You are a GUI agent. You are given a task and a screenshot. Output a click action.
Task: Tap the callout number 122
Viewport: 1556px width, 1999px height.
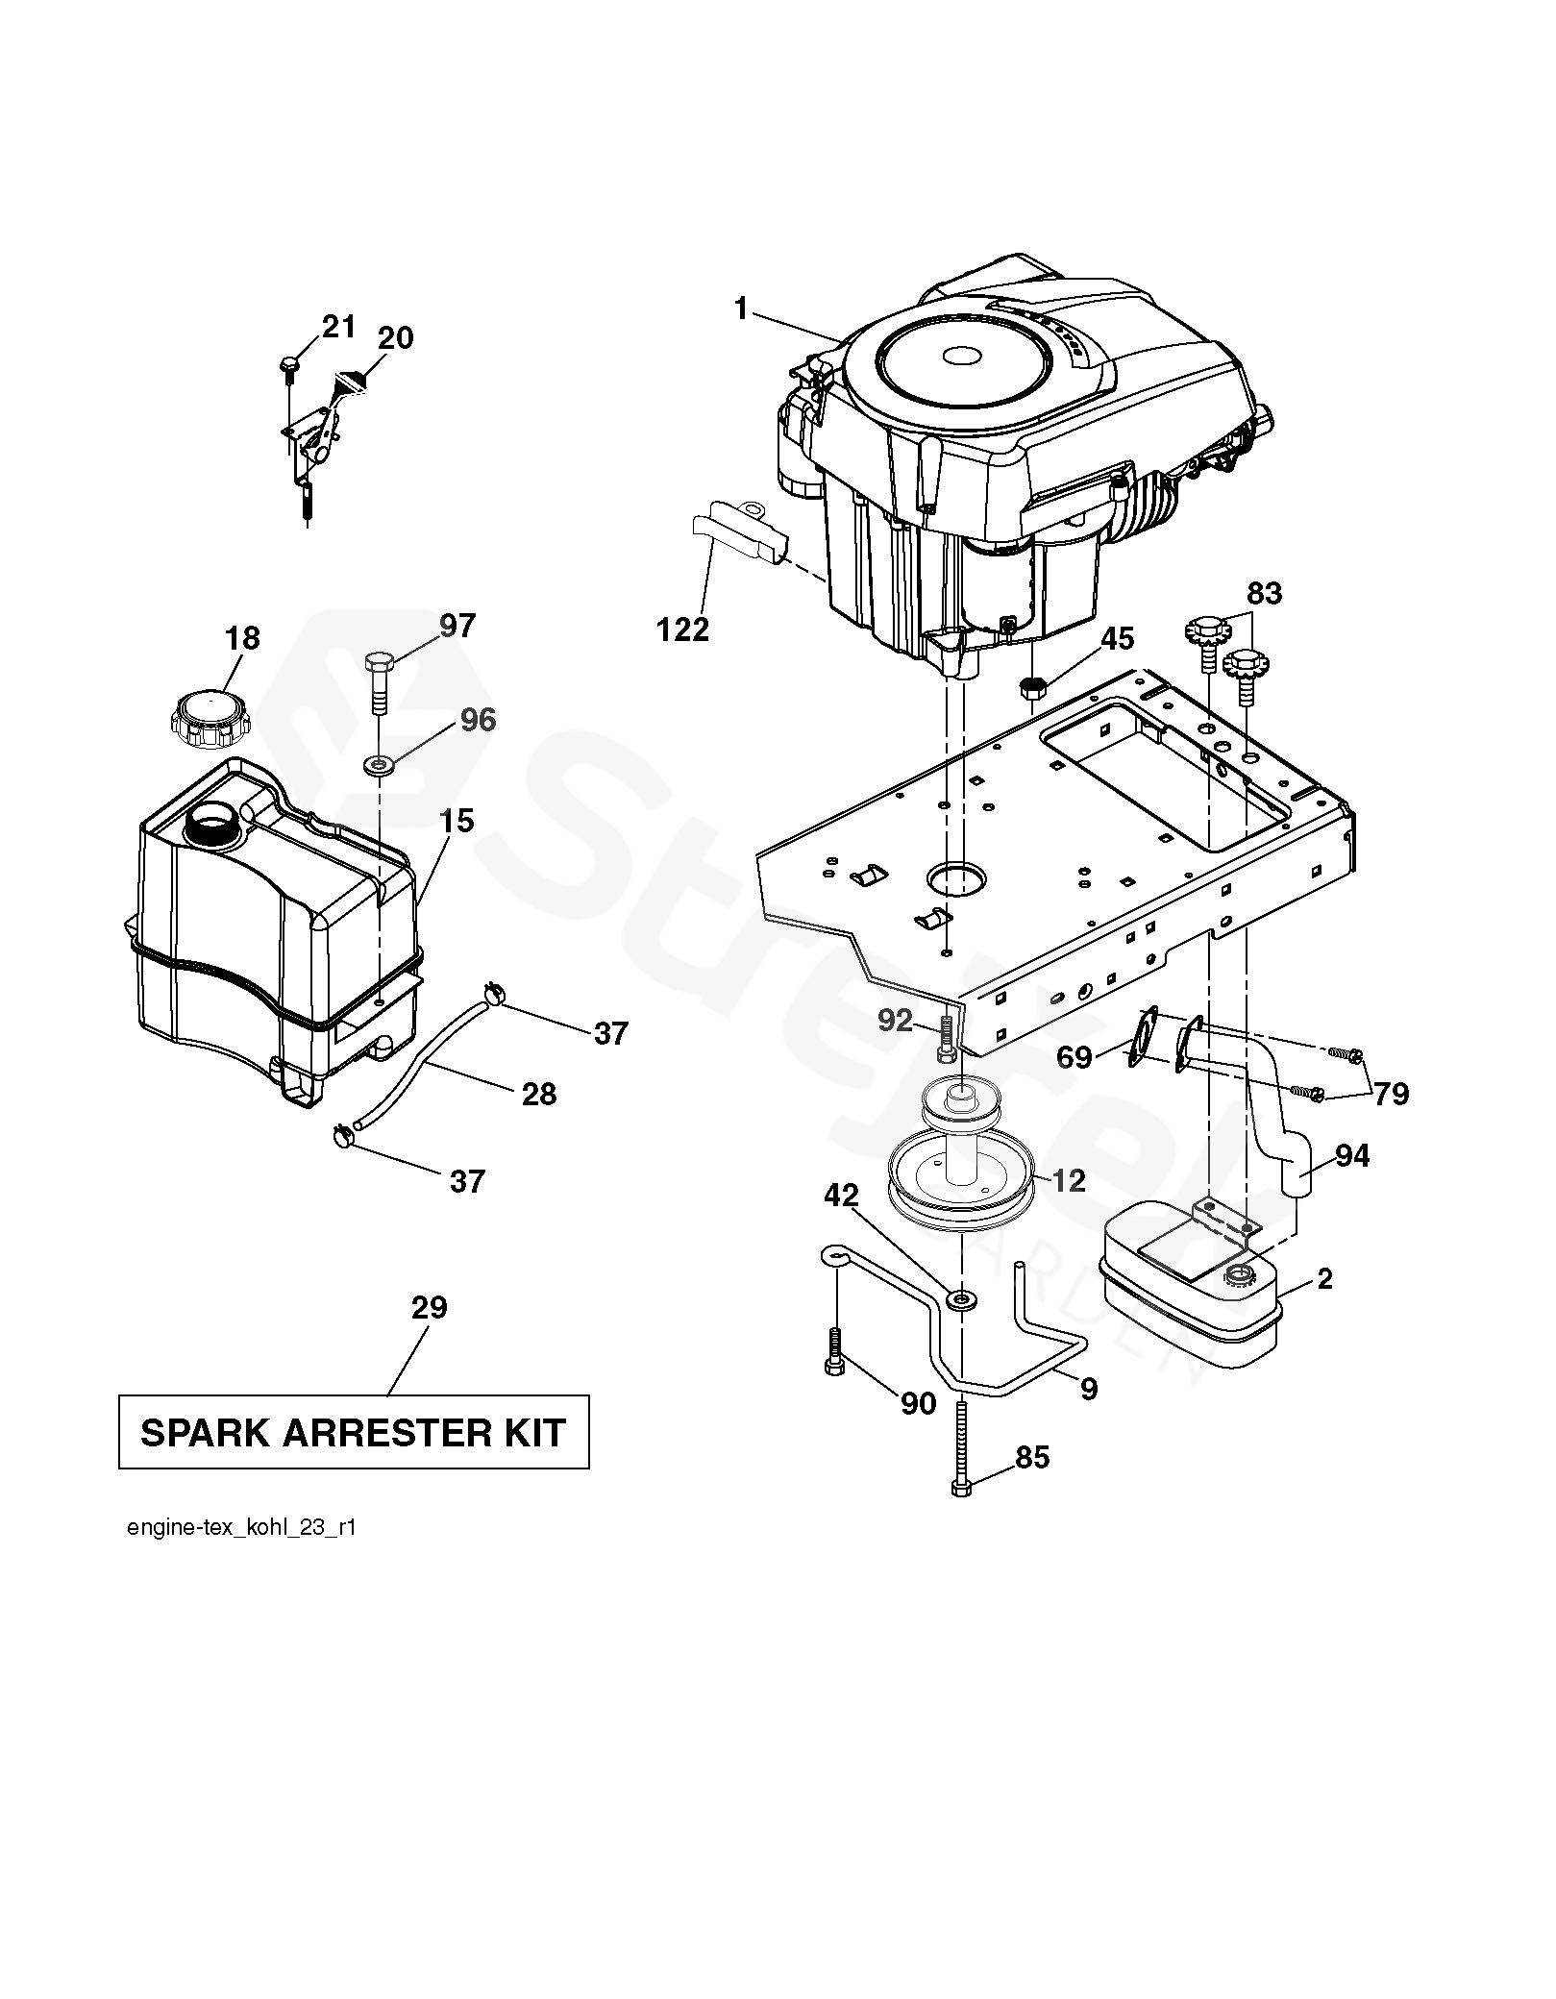(682, 629)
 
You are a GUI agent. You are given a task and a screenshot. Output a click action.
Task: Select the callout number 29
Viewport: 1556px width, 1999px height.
(429, 1308)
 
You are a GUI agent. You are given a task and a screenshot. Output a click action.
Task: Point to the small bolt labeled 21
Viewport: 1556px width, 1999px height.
(289, 366)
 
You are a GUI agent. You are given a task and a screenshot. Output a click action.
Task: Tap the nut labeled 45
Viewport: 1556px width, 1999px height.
(1031, 687)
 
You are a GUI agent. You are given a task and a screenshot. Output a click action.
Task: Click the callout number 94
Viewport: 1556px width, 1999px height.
(1351, 1155)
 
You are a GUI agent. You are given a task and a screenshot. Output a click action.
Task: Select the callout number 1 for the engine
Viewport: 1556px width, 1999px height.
(740, 308)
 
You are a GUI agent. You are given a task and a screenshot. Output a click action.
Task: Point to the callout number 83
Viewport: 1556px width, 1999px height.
(1264, 594)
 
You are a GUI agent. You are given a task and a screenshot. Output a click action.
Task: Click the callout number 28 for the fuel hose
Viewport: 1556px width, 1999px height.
(538, 1094)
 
